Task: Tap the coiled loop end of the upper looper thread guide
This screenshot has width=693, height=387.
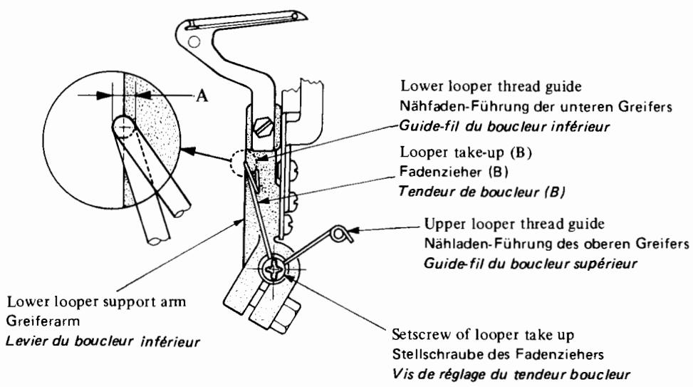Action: tap(343, 232)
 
